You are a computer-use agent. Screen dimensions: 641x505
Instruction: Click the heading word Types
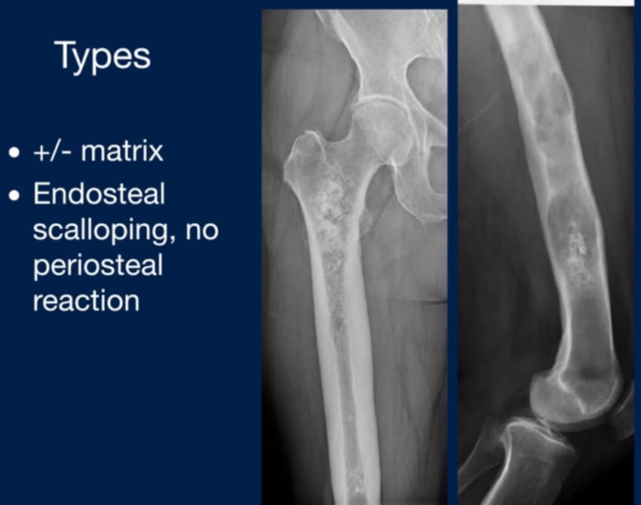click(x=103, y=57)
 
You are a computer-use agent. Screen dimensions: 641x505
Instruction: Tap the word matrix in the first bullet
click(x=122, y=151)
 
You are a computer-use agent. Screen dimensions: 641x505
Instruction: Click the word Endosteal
click(x=99, y=194)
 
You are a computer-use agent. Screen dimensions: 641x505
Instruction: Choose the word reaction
click(x=86, y=301)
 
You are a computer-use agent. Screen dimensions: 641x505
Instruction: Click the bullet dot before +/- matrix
click(x=14, y=152)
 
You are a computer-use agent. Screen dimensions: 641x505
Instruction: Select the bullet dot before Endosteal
click(x=14, y=195)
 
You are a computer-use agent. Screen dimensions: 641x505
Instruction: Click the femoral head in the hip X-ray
click(x=380, y=127)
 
